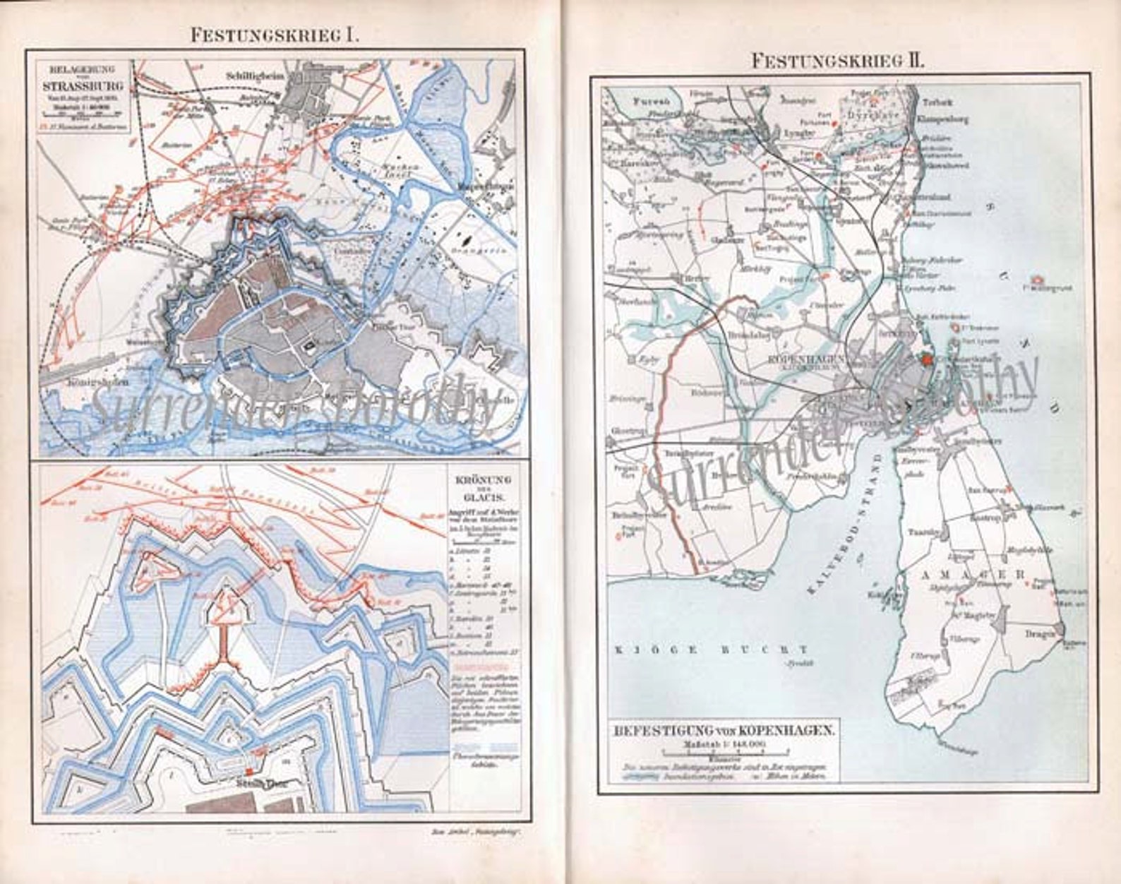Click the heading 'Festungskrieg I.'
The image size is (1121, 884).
point(275,35)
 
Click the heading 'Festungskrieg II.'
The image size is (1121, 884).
point(838,61)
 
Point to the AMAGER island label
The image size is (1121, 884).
point(973,575)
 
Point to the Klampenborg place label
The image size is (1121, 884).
point(942,119)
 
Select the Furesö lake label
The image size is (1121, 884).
point(632,100)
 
